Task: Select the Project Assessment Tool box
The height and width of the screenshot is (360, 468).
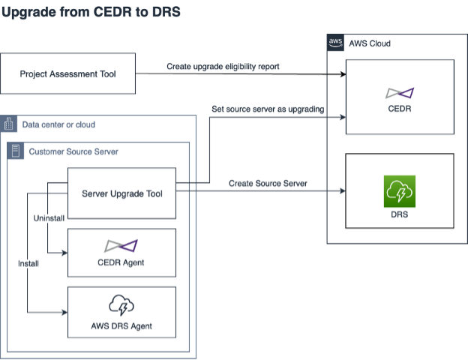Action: pos(68,73)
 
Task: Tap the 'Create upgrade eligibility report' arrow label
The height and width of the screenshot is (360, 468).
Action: pos(223,67)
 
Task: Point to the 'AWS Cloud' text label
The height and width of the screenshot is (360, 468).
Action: pos(370,43)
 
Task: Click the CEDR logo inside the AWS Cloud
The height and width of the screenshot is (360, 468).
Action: pos(399,93)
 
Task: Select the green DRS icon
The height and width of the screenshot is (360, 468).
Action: pos(399,190)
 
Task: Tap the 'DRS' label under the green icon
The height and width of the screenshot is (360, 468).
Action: pos(399,216)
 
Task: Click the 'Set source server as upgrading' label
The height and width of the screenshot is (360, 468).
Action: pos(267,109)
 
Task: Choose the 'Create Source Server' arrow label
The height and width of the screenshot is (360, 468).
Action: pos(267,184)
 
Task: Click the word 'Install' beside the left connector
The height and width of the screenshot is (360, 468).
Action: pos(29,263)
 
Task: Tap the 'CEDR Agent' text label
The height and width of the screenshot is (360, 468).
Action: pos(121,262)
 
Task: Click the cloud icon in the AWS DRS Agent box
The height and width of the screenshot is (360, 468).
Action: pos(121,304)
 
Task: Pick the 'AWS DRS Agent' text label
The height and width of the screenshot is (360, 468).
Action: pos(121,326)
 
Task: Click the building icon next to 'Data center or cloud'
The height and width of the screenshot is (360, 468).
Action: pos(10,124)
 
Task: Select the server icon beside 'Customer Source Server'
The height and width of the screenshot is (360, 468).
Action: pos(18,151)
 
